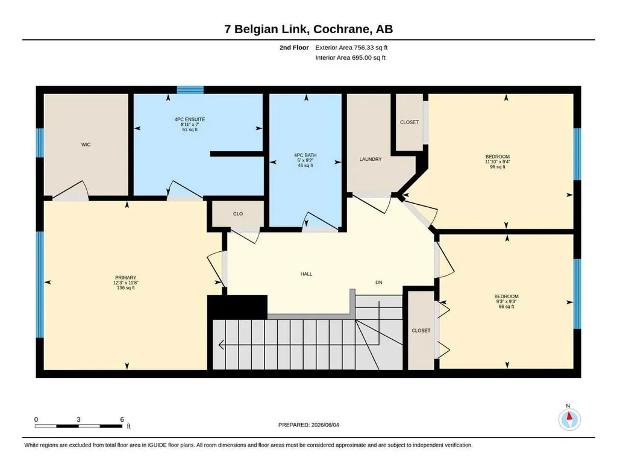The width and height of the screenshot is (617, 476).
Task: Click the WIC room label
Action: (x=86, y=145)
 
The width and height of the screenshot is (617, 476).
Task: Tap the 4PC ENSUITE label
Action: (x=190, y=119)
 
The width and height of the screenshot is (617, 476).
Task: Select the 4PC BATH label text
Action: (x=305, y=155)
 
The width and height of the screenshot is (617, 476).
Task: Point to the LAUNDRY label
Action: (x=371, y=159)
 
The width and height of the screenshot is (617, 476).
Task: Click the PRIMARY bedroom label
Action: (x=125, y=277)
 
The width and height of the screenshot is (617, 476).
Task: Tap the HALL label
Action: (x=306, y=274)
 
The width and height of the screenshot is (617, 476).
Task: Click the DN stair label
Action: (x=378, y=283)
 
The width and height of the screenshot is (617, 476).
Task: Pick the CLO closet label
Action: (x=237, y=214)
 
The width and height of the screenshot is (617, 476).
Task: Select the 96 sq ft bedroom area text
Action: (x=497, y=167)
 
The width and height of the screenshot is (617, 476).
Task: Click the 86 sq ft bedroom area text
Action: (x=506, y=307)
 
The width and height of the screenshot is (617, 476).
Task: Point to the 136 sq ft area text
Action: (x=125, y=288)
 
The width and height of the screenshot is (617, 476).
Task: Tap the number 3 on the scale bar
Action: (x=78, y=419)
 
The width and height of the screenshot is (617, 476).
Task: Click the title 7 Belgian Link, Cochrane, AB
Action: (x=308, y=29)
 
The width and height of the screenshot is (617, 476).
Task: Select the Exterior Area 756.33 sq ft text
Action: (x=351, y=48)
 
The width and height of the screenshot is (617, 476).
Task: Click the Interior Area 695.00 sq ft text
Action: (x=350, y=57)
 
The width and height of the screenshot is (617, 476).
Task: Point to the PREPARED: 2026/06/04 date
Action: (x=308, y=425)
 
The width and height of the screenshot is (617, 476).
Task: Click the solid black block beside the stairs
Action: (x=237, y=307)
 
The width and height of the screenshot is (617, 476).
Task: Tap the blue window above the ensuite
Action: (x=190, y=90)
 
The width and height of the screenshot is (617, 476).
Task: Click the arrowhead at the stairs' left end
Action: (x=221, y=345)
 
